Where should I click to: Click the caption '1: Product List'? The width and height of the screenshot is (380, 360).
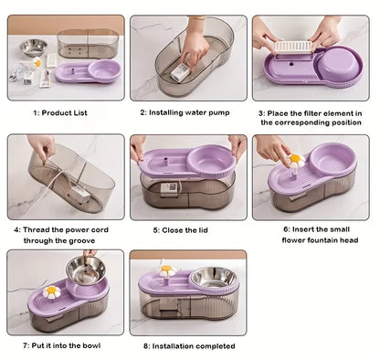pyautogui.click(x=65, y=112)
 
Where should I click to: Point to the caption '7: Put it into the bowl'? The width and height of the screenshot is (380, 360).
pyautogui.click(x=65, y=347)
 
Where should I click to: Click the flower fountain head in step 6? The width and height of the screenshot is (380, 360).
pyautogui.click(x=294, y=161)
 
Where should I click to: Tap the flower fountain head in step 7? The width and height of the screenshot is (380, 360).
pyautogui.click(x=53, y=292)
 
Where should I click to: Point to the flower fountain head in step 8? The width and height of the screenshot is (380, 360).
pyautogui.click(x=167, y=271)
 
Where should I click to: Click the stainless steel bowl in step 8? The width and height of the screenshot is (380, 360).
pyautogui.click(x=213, y=277)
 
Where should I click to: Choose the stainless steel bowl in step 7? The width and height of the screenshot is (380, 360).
pyautogui.click(x=87, y=270)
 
